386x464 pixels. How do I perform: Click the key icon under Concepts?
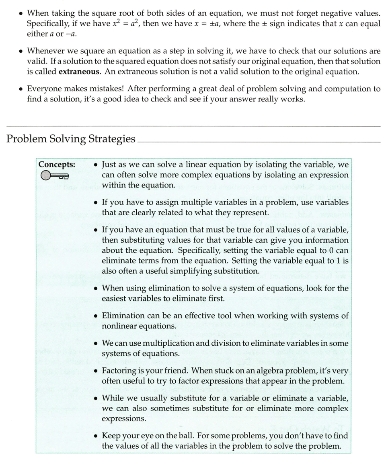tap(55, 175)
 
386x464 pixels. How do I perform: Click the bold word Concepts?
tap(57, 164)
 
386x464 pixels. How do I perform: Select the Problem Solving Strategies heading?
tap(71, 139)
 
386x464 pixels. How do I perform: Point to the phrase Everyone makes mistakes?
tap(68, 89)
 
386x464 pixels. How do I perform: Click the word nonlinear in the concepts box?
tap(120, 326)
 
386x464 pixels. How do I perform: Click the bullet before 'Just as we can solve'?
tap(95, 165)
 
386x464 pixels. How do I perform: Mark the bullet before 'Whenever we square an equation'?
tap(20, 51)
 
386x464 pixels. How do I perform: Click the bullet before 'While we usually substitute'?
tap(95, 398)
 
